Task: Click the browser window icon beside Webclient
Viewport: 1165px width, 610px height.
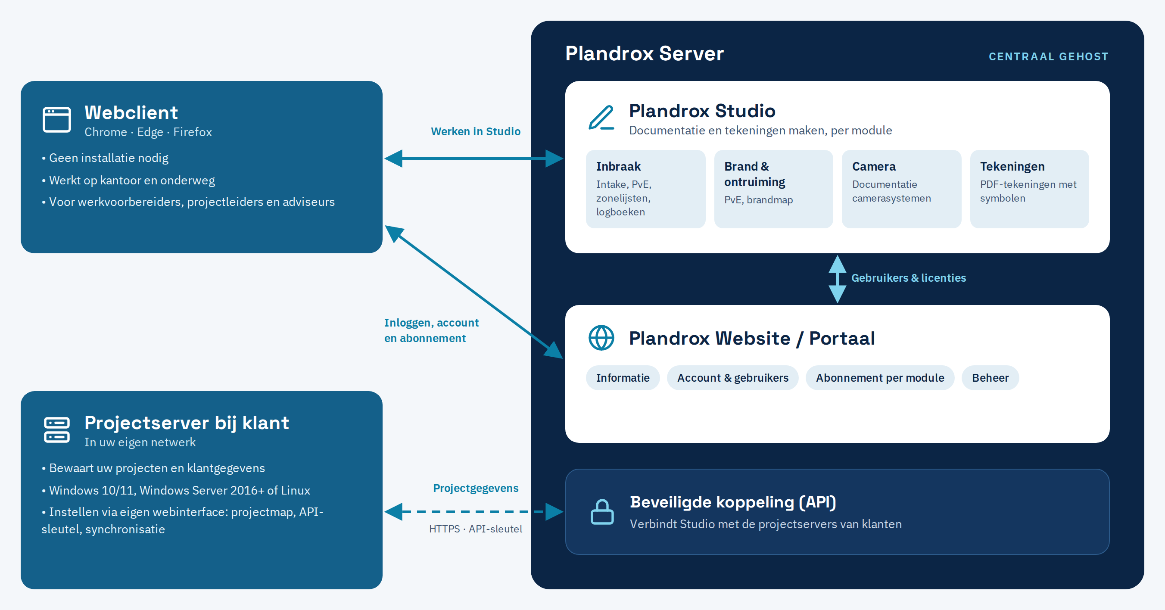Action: pos(56,119)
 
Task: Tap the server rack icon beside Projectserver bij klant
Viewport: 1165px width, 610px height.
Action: pos(56,429)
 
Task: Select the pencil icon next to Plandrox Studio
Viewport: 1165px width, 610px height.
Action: pos(601,118)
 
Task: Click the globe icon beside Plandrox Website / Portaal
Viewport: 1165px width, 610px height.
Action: pos(601,338)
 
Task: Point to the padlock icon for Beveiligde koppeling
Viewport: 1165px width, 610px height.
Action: pos(602,512)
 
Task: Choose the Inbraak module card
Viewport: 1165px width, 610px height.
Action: pos(645,189)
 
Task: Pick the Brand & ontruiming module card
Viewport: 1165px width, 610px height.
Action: pos(773,189)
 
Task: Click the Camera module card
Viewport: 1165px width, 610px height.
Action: pos(901,189)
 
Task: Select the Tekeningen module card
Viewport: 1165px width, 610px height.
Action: pos(1029,189)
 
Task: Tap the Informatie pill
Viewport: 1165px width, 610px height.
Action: pos(623,377)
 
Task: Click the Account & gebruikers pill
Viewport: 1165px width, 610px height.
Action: pos(732,377)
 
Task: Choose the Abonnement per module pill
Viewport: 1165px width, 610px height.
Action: pos(880,377)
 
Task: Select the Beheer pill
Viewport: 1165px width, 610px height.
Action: pos(991,377)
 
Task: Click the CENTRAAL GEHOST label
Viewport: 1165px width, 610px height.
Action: pos(1048,56)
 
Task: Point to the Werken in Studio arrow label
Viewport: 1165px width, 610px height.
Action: pos(476,131)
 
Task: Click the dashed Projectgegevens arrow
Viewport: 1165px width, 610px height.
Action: pos(474,512)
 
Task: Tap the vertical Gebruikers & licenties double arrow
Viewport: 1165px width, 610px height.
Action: pos(837,279)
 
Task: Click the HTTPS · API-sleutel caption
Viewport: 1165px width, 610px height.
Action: pos(476,529)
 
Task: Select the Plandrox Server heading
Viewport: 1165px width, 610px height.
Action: pos(645,53)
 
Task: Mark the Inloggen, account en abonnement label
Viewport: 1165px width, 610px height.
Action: pos(431,330)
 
